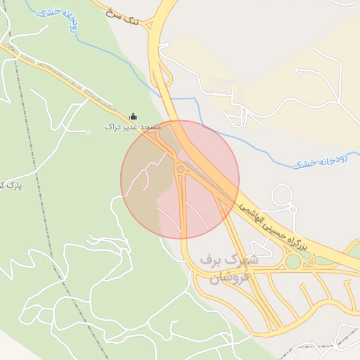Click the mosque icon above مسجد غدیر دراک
[x=134, y=116]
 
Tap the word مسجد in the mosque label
[x=150, y=127]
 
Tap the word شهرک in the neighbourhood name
[x=244, y=259]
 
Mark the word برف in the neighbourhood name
[x=212, y=259]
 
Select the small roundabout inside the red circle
[x=181, y=169]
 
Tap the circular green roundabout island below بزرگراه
[x=293, y=262]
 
